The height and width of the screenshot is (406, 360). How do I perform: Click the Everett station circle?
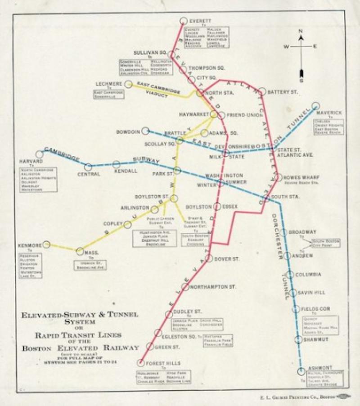pyautogui.click(x=183, y=21)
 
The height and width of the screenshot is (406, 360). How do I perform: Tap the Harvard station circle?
pyautogui.click(x=39, y=154)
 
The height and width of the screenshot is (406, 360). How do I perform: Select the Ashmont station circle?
pyautogui.click(x=301, y=372)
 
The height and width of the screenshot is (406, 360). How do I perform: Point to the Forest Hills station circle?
pyautogui.click(x=141, y=363)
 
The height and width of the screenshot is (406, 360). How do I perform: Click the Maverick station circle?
pyautogui.click(x=315, y=107)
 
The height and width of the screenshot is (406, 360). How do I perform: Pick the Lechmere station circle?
pyautogui.click(x=129, y=84)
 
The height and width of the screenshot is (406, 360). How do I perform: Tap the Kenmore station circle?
pyautogui.click(x=46, y=245)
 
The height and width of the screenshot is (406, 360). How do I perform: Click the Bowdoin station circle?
pyautogui.click(x=145, y=131)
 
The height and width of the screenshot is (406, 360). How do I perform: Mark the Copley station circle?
pyautogui.click(x=128, y=225)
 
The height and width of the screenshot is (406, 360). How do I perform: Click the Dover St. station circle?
pyautogui.click(x=209, y=258)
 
